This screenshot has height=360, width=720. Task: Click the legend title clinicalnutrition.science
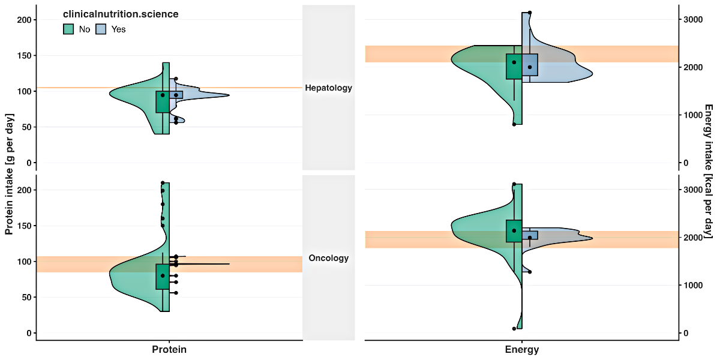pos(121,14)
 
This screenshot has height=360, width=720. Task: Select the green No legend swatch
pos(68,29)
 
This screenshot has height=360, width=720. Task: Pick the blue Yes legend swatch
pos(101,29)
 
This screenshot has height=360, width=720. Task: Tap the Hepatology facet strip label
pos(328,88)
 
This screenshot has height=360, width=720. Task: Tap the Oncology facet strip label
pos(328,259)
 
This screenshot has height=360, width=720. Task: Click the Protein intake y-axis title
pos(9,173)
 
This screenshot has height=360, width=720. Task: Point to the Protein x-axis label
pos(169,350)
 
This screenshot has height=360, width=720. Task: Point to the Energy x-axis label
pos(521,350)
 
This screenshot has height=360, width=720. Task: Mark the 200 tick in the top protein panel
pos(25,20)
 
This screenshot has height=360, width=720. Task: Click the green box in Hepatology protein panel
pos(163,102)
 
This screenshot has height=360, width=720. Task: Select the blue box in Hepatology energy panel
pos(530,65)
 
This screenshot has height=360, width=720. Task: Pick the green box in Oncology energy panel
pos(514,231)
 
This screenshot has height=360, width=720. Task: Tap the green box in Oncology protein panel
pos(163,277)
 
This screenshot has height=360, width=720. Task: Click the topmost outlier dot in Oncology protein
pos(163,183)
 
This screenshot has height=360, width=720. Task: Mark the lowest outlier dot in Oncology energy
pos(514,329)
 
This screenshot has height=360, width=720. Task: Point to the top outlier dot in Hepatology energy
pos(530,13)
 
